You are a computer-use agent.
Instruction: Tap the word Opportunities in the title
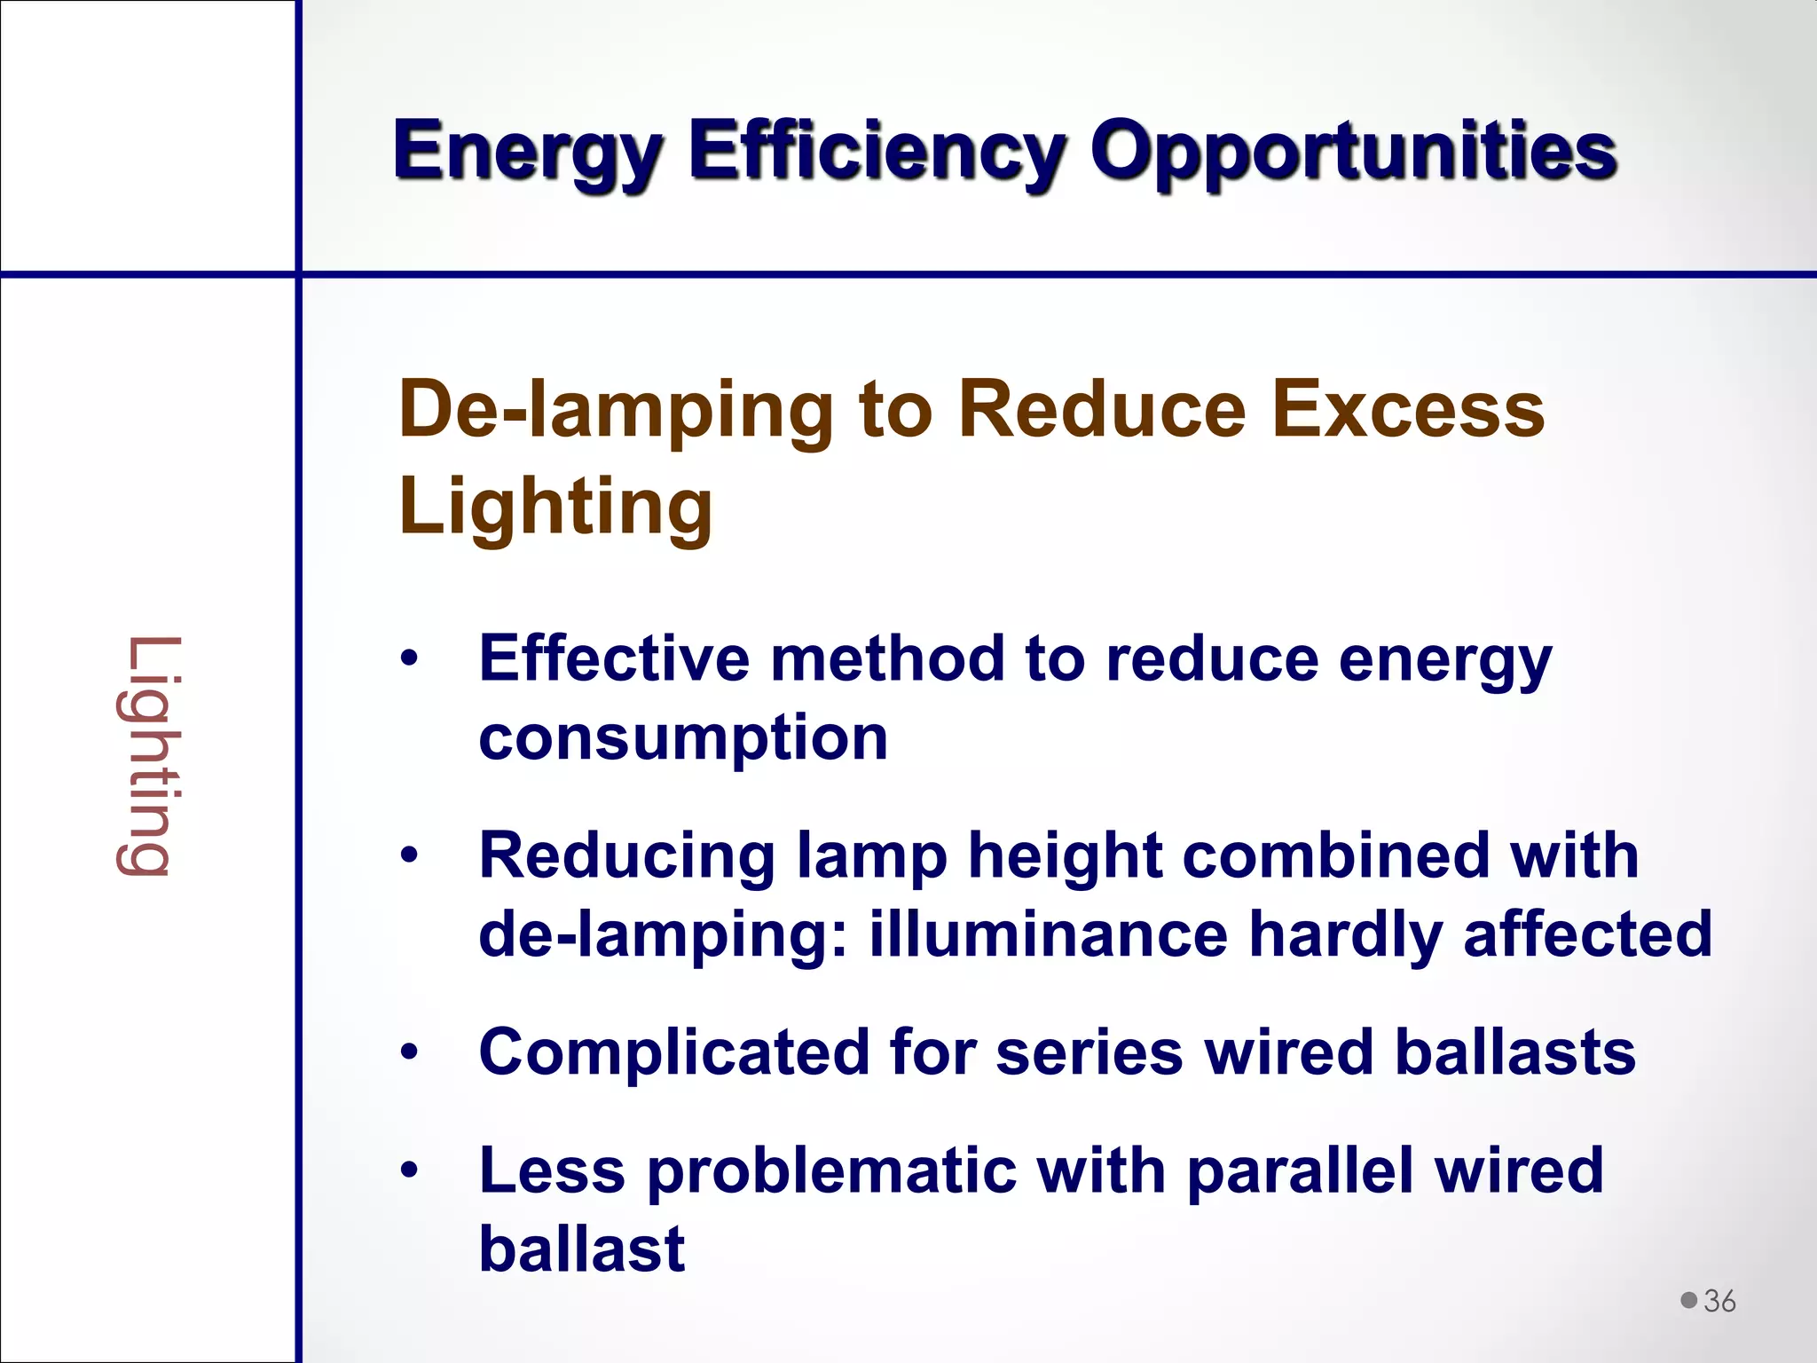[x=1353, y=151]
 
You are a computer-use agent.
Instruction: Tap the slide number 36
[x=1719, y=1301]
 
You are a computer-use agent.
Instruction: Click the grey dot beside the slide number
[x=1688, y=1300]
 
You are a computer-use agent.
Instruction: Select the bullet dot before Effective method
[x=408, y=659]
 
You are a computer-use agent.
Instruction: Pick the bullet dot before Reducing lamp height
[x=408, y=855]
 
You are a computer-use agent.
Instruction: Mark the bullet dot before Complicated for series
[x=408, y=1052]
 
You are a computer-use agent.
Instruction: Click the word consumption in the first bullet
[x=682, y=738]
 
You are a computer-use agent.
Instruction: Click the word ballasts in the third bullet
[x=1514, y=1052]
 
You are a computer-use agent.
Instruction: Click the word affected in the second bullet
[x=1587, y=934]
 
